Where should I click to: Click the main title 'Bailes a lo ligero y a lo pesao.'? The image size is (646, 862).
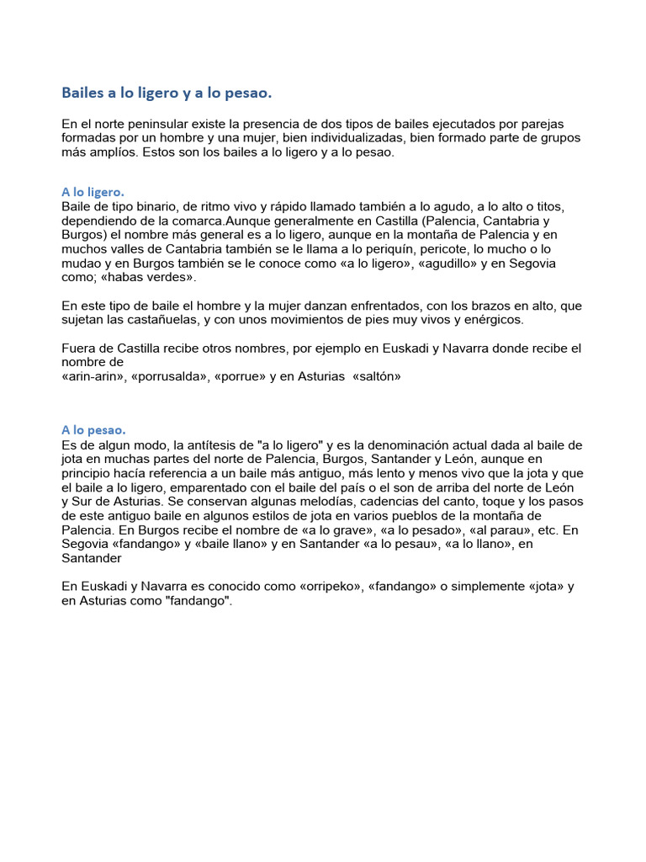(167, 92)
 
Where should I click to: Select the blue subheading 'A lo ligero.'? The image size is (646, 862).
(93, 193)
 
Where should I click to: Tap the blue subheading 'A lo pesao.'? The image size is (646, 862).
(94, 431)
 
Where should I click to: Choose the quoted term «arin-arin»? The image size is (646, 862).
(93, 377)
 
